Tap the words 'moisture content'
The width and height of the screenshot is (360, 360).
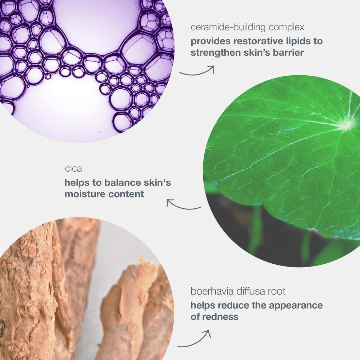coord(104,194)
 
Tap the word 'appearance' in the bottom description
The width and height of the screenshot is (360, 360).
coord(296,305)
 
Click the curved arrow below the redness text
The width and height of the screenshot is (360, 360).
coord(195,340)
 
